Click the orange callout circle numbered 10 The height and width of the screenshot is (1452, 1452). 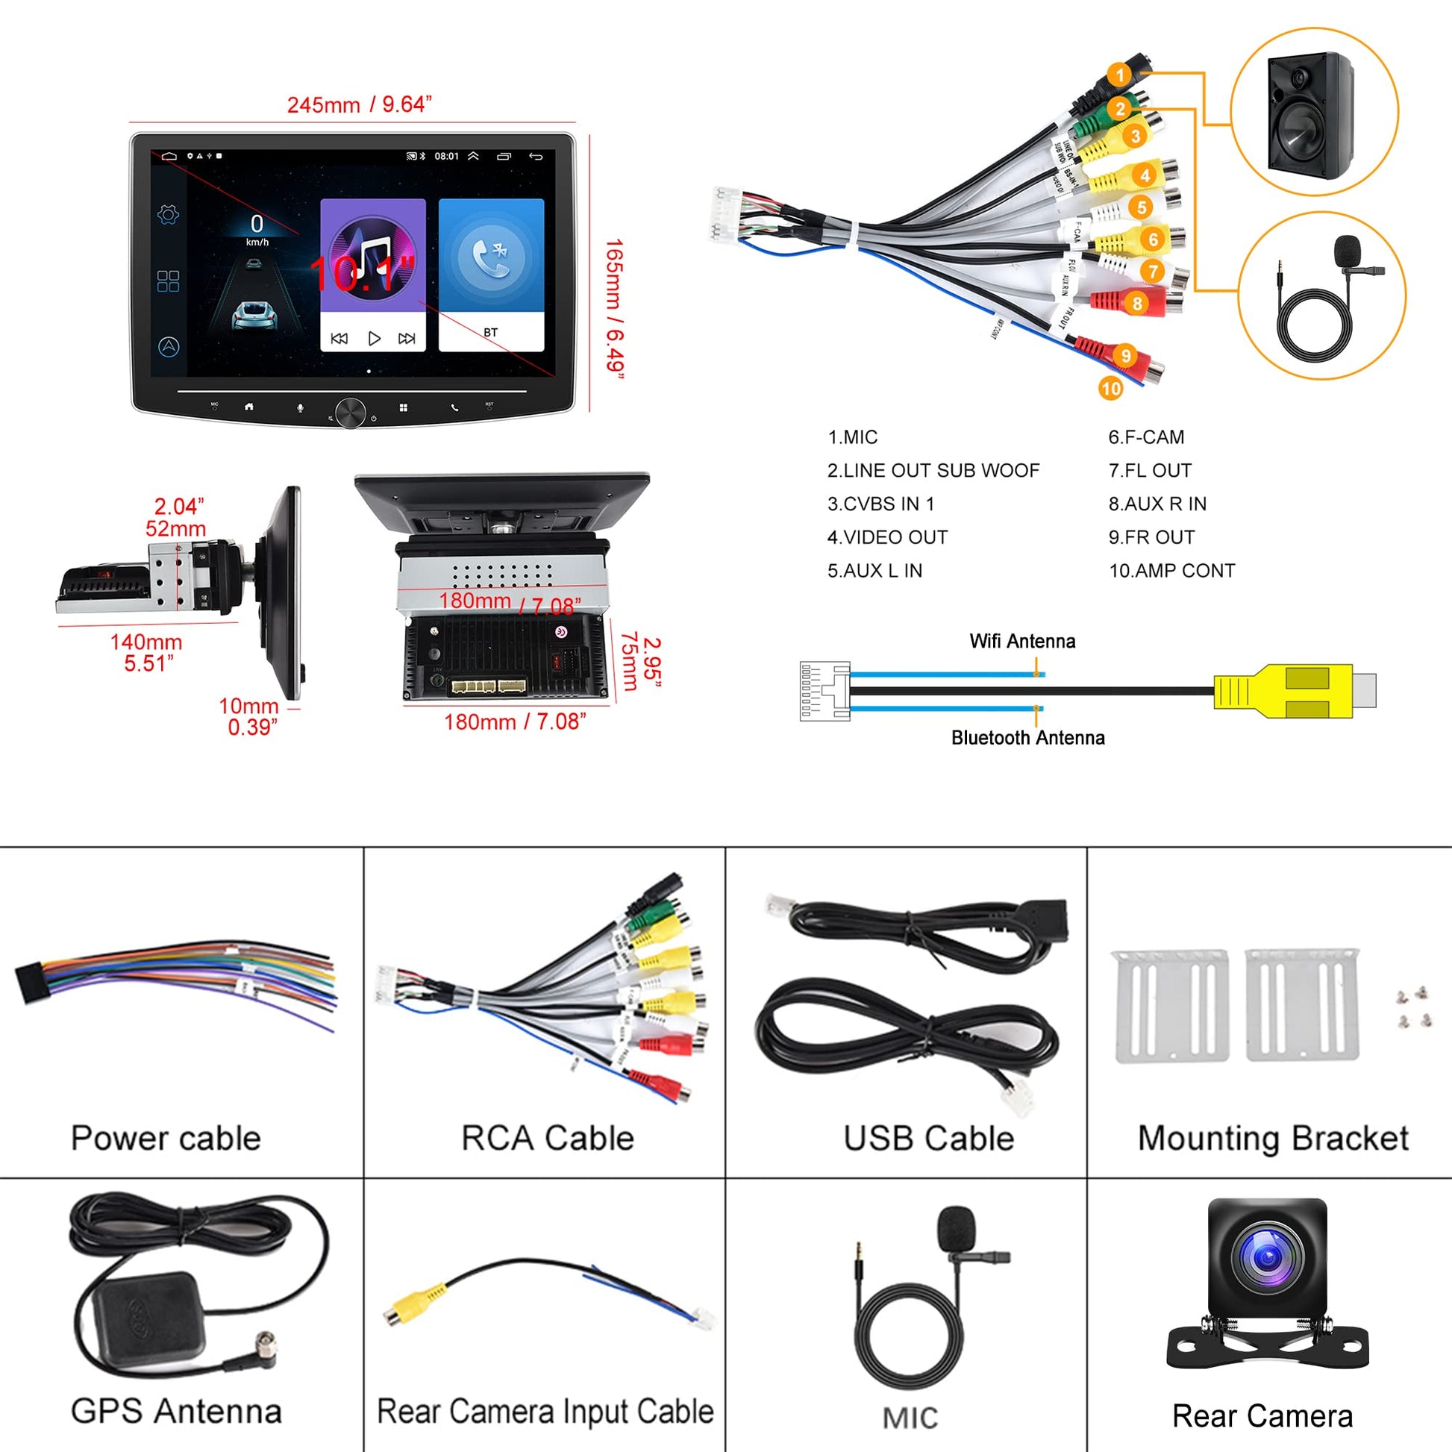[x=1110, y=389]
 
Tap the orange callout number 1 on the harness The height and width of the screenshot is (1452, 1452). [x=1120, y=75]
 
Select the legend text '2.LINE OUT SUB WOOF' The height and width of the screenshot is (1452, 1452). [x=933, y=471]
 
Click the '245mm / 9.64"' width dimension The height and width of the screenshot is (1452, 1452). [x=359, y=104]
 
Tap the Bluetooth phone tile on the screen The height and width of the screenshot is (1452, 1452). [x=491, y=275]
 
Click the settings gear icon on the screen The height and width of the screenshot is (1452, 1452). [x=169, y=215]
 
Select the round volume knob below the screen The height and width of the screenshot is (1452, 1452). [x=350, y=412]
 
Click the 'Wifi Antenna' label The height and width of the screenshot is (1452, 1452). [x=1022, y=641]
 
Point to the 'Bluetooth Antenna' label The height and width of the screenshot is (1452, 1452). [x=1027, y=737]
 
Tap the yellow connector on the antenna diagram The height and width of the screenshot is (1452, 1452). [x=1283, y=690]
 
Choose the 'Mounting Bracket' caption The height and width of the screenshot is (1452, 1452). [x=1272, y=1138]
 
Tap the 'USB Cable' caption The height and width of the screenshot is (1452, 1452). [x=928, y=1138]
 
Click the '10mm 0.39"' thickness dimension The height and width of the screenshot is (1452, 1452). [x=250, y=716]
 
